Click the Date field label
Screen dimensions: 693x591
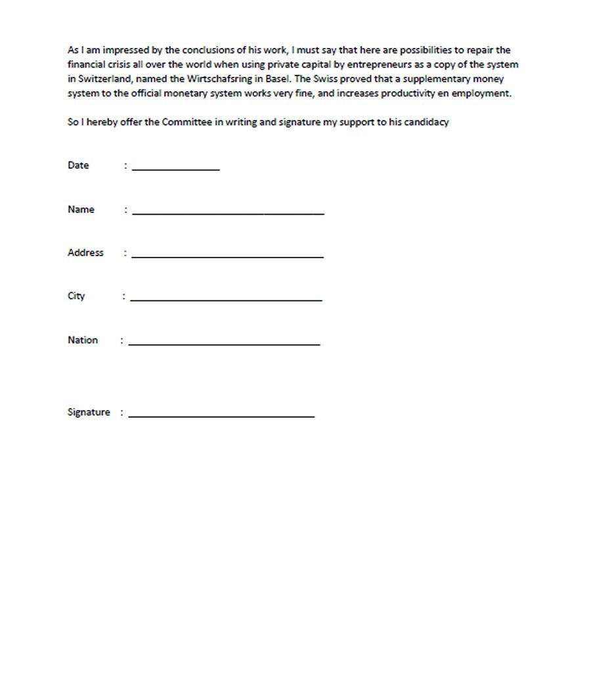(78, 166)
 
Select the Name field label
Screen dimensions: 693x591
(81, 210)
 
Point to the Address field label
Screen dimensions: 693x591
(85, 253)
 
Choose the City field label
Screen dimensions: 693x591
(76, 296)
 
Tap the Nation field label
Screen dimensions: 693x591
(83, 340)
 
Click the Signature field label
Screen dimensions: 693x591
(89, 413)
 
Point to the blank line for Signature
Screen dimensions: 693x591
(221, 414)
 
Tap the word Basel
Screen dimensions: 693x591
(277, 79)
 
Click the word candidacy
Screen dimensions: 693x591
(427, 122)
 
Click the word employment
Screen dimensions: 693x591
(481, 93)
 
